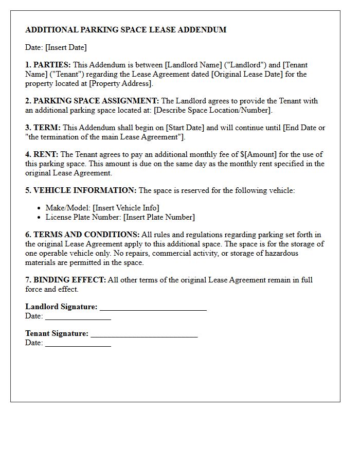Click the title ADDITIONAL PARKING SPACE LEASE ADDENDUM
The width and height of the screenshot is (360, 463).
point(125,30)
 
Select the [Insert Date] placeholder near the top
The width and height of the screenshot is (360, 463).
point(66,47)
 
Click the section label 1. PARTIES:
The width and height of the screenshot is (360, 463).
point(48,65)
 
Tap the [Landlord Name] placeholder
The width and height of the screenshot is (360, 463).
point(192,65)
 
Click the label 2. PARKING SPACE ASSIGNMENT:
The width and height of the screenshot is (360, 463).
point(92,101)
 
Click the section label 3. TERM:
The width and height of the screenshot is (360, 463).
point(43,128)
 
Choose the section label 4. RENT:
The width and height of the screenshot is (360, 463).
point(42,154)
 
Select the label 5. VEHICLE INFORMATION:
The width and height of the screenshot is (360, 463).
point(81,190)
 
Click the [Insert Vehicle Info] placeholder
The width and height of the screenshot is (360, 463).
point(126,208)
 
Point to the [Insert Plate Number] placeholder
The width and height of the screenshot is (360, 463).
point(159,217)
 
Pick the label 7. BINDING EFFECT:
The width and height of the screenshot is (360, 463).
point(65,280)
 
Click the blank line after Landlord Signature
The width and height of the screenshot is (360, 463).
point(153,308)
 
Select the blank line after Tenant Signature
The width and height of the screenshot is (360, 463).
point(144,335)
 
